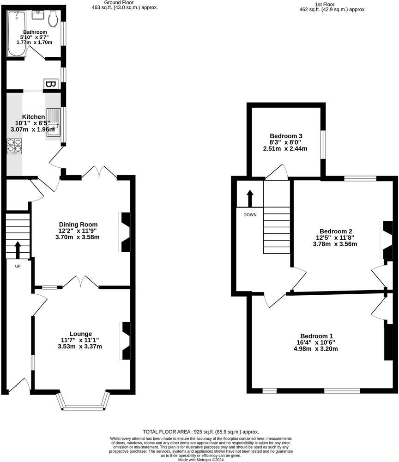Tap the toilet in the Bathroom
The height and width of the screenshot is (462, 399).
[53, 18]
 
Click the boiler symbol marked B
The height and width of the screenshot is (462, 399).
[51, 85]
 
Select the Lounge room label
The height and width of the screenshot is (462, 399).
[80, 334]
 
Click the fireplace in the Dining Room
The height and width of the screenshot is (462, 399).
[125, 232]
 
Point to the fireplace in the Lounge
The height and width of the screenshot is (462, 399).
[125, 341]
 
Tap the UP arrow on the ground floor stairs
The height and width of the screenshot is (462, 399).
[18, 249]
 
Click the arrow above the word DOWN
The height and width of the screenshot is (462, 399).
[250, 198]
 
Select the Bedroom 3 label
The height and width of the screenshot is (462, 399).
[286, 136]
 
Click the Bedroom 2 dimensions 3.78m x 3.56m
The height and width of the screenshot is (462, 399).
[335, 244]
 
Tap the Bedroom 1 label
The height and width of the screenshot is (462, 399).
[316, 336]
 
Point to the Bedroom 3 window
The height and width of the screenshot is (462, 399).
[323, 144]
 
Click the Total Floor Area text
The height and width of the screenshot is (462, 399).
[201, 431]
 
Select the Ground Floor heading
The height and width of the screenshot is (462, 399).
[119, 3]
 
